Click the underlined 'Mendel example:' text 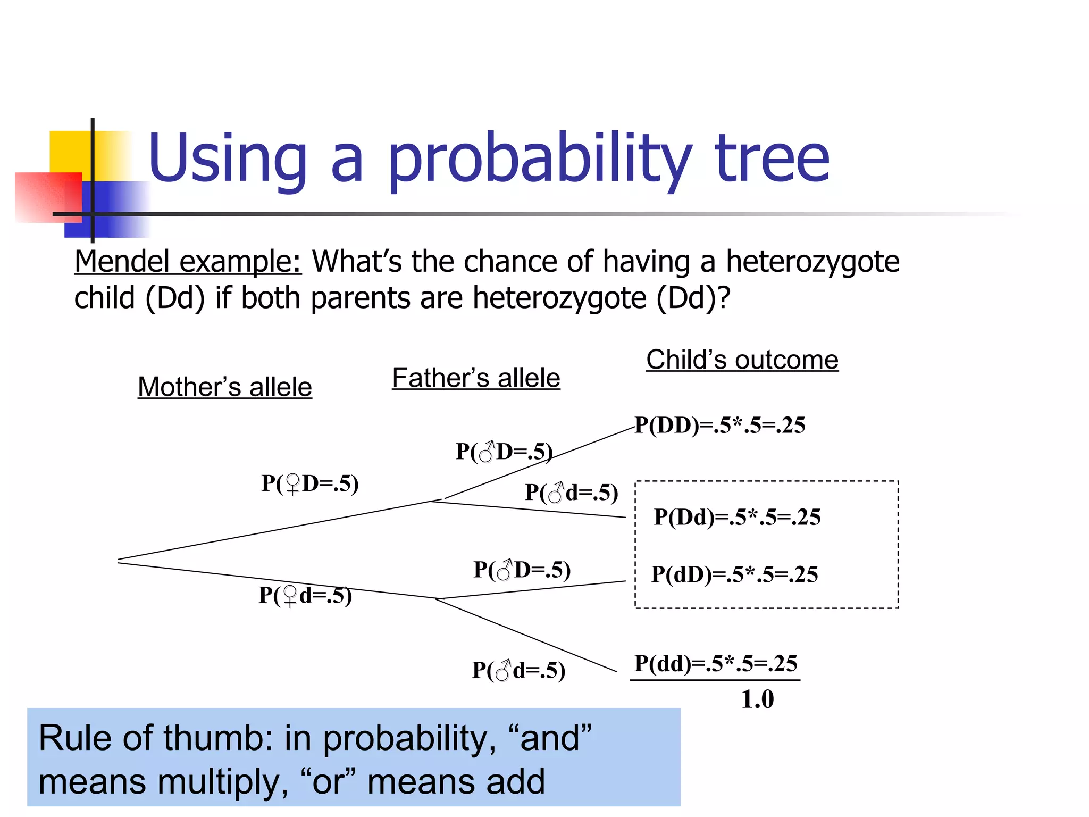(x=188, y=262)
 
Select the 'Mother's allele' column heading (x=224, y=387)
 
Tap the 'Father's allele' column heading (x=476, y=378)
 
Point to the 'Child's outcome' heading (x=742, y=360)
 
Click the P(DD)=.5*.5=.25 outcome (x=720, y=425)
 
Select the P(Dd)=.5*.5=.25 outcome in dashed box (x=737, y=517)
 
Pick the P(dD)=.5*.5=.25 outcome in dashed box (x=734, y=574)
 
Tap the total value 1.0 (x=757, y=699)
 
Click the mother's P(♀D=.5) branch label (x=310, y=483)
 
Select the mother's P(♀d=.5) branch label (x=305, y=595)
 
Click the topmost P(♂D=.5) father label (x=504, y=452)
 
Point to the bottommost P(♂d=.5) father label (x=518, y=670)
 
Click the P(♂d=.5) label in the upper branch (x=571, y=493)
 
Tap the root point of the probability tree (x=119, y=561)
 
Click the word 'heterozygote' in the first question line (x=812, y=262)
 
